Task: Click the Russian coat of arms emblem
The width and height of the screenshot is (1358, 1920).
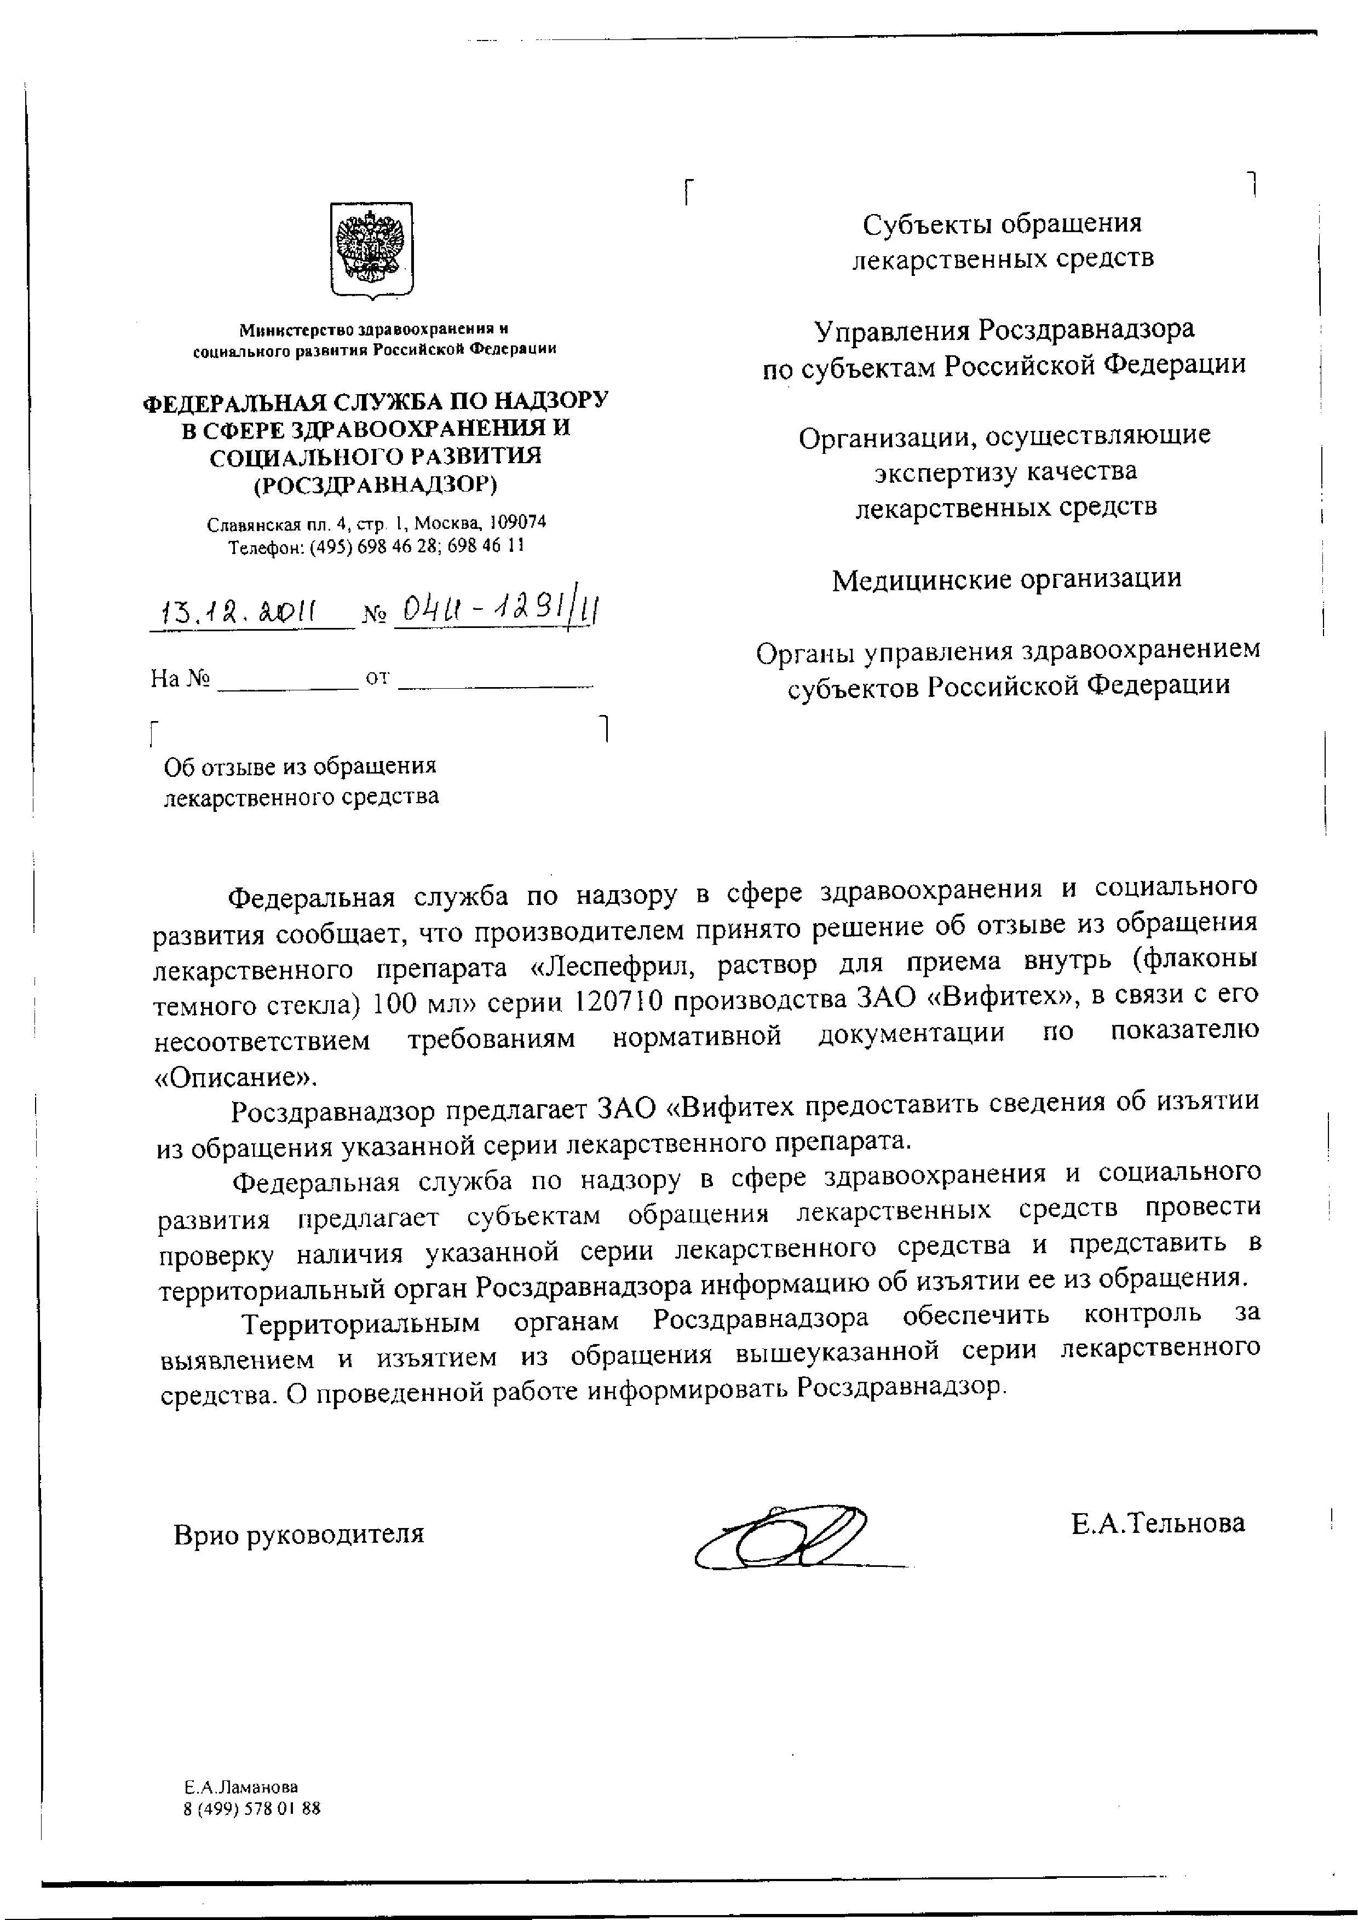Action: (x=371, y=249)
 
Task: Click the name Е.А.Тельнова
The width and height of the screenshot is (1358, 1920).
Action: (x=1158, y=1522)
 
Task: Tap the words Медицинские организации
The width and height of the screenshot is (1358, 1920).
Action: (x=1007, y=579)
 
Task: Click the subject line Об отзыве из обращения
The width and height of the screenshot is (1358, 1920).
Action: (x=300, y=766)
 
